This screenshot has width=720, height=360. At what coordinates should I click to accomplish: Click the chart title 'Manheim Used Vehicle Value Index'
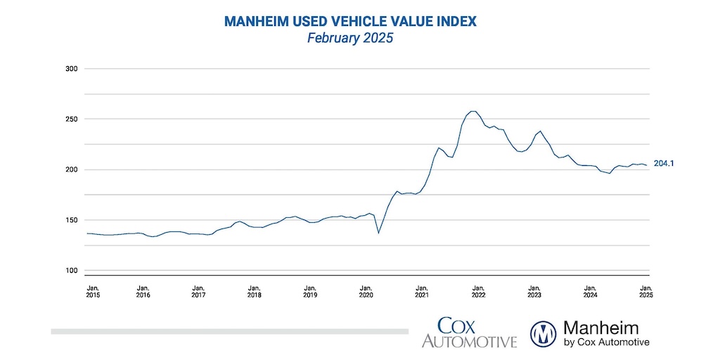tap(350, 22)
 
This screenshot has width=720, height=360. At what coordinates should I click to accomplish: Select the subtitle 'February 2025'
tap(350, 39)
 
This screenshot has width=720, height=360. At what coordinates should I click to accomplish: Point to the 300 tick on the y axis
tap(71, 69)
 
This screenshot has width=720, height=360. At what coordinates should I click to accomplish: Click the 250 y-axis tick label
tap(71, 120)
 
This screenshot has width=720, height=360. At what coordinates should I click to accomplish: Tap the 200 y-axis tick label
tap(71, 169)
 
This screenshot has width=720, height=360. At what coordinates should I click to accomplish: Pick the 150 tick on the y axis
tap(71, 220)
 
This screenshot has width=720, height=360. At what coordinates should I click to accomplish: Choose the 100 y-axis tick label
tap(71, 271)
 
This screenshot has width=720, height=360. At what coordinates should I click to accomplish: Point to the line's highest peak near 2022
tap(473, 111)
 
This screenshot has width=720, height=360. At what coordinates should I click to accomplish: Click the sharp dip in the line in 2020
tap(379, 233)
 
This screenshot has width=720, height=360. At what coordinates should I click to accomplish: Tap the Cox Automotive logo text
tap(469, 333)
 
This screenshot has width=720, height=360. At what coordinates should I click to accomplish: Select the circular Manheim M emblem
tap(544, 333)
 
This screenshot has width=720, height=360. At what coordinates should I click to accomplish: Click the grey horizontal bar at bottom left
tap(229, 331)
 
